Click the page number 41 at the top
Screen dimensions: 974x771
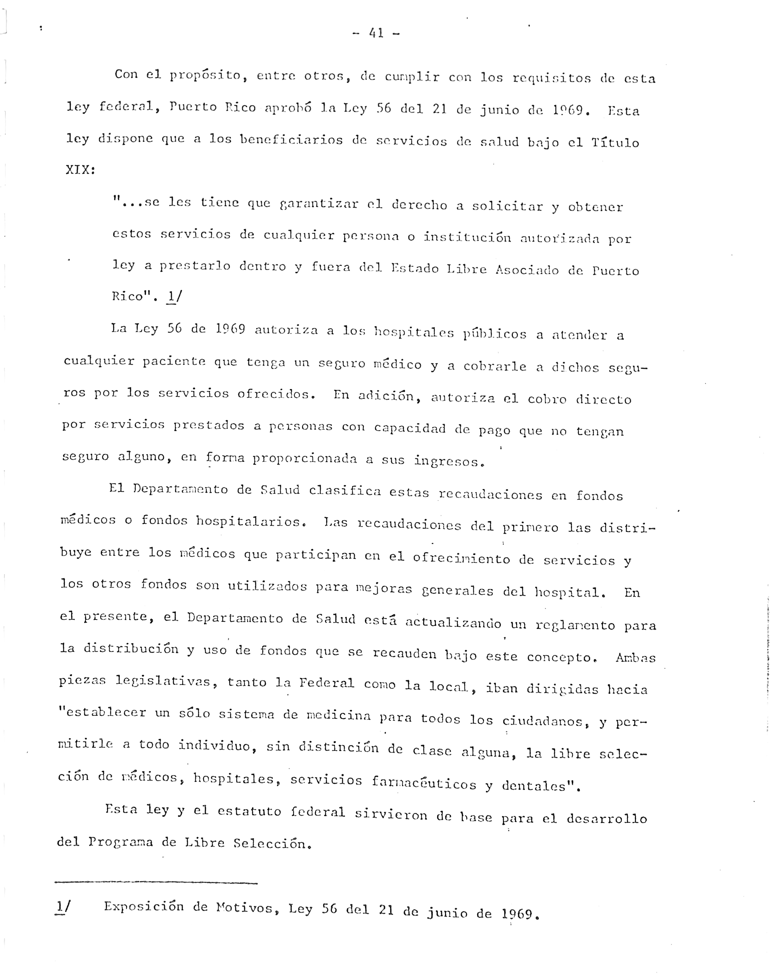coord(376,33)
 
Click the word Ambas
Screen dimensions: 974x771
coord(635,657)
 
